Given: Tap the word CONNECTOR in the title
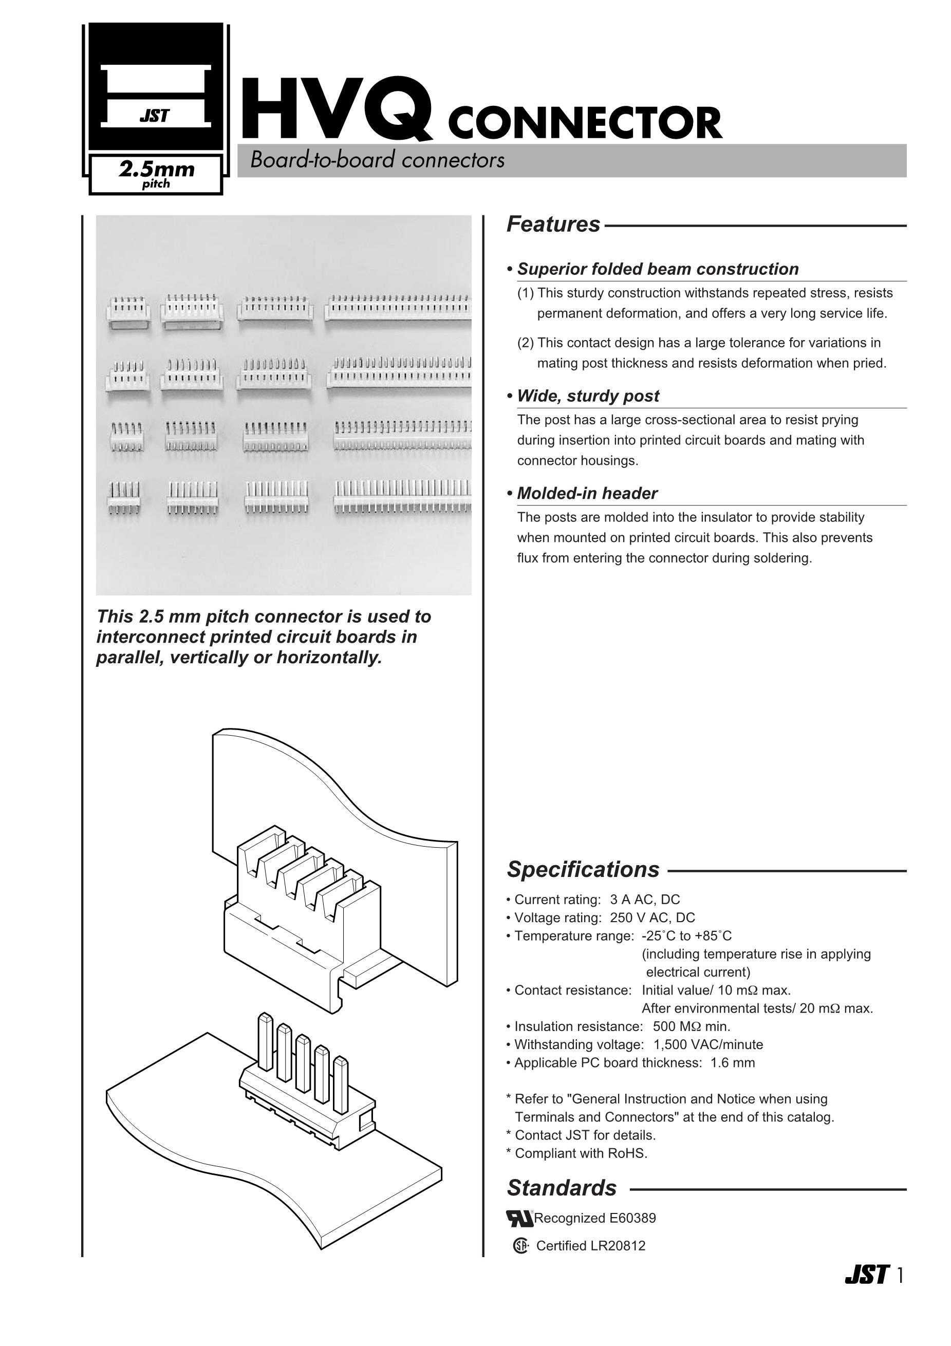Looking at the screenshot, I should pos(585,123).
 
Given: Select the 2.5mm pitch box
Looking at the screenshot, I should pos(156,174).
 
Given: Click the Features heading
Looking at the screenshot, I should pos(553,225).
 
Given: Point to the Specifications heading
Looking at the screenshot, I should pos(583,869).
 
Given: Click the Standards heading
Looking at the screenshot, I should pos(561,1188).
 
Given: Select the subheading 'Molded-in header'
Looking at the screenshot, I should pos(586,494).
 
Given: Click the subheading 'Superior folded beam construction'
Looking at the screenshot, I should pos(657,269).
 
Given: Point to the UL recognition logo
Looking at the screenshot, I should pos(519,1218).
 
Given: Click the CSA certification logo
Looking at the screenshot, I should pos(520,1246).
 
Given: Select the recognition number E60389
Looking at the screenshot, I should pos(632,1218).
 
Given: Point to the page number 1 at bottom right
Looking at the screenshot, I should pos(900,1276).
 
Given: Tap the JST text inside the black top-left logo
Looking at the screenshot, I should pos(155,116).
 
